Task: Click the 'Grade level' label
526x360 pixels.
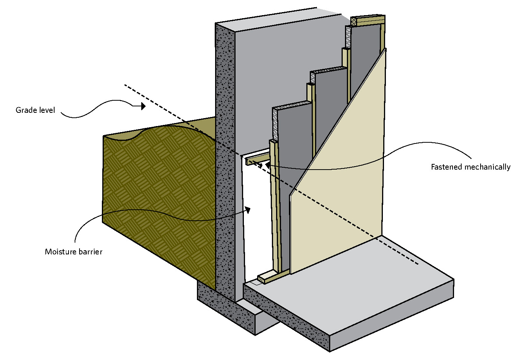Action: coord(35,110)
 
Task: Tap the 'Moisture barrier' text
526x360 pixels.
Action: coord(73,252)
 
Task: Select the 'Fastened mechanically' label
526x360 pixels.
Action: coord(470,167)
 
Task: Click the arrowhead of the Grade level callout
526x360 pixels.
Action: coord(143,106)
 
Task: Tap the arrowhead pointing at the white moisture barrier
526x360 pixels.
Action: coord(248,210)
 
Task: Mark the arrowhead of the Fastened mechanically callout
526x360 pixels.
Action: coord(267,165)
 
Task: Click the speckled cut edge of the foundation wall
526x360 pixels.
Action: coord(225,151)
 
